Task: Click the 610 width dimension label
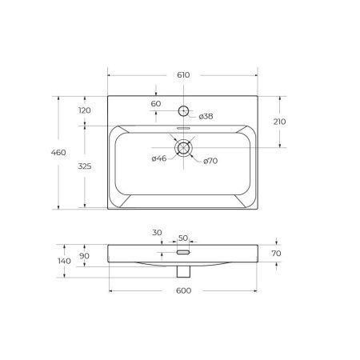tap(182, 74)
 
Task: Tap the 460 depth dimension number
tap(69, 152)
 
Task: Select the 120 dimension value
tap(86, 110)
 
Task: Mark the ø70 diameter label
tap(210, 161)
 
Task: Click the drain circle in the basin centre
tap(183, 147)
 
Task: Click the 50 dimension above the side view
tap(182, 238)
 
